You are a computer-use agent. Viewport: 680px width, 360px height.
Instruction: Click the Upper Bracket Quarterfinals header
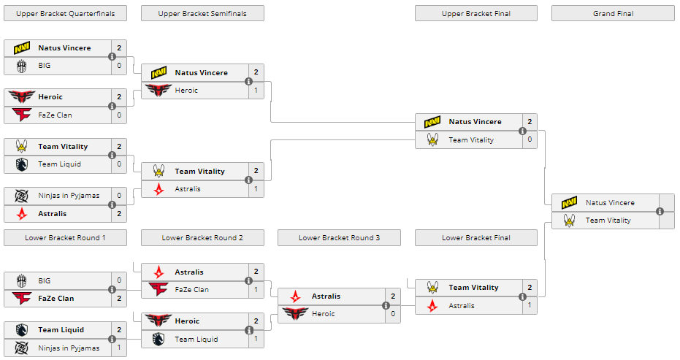coord(65,13)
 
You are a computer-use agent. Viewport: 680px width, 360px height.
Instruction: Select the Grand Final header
coord(613,13)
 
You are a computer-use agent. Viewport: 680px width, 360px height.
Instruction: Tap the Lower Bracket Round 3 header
coord(339,237)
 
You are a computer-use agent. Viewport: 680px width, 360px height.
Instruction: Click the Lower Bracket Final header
coord(476,237)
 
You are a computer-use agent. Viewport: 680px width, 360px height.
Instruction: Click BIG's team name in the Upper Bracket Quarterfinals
coord(45,65)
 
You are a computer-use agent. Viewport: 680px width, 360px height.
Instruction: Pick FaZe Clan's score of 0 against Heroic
coord(119,115)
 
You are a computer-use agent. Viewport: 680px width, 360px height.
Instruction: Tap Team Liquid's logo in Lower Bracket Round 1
coord(21,330)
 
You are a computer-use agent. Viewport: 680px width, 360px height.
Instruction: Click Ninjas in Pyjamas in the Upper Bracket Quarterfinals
coord(69,196)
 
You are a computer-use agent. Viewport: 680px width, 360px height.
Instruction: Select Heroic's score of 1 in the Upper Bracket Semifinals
coord(256,90)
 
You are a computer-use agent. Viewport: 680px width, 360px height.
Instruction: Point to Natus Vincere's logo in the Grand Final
coord(570,203)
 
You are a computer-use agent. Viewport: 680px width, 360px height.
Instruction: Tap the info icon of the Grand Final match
coord(660,212)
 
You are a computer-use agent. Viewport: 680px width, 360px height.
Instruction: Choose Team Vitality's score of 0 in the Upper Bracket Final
coord(530,139)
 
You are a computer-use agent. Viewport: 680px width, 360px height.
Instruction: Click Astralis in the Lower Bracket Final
coord(462,305)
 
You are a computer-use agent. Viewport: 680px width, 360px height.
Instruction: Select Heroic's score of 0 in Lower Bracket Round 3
coord(393,314)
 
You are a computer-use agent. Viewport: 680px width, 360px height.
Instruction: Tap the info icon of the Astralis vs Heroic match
coord(386,305)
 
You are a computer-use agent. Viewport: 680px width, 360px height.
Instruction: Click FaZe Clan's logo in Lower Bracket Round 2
coord(158,289)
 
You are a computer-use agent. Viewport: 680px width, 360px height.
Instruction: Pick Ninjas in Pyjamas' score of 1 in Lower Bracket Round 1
coord(119,348)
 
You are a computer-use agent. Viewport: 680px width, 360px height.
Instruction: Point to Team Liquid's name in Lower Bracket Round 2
coord(196,339)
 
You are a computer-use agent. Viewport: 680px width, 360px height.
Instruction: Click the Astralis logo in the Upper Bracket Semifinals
coord(158,189)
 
